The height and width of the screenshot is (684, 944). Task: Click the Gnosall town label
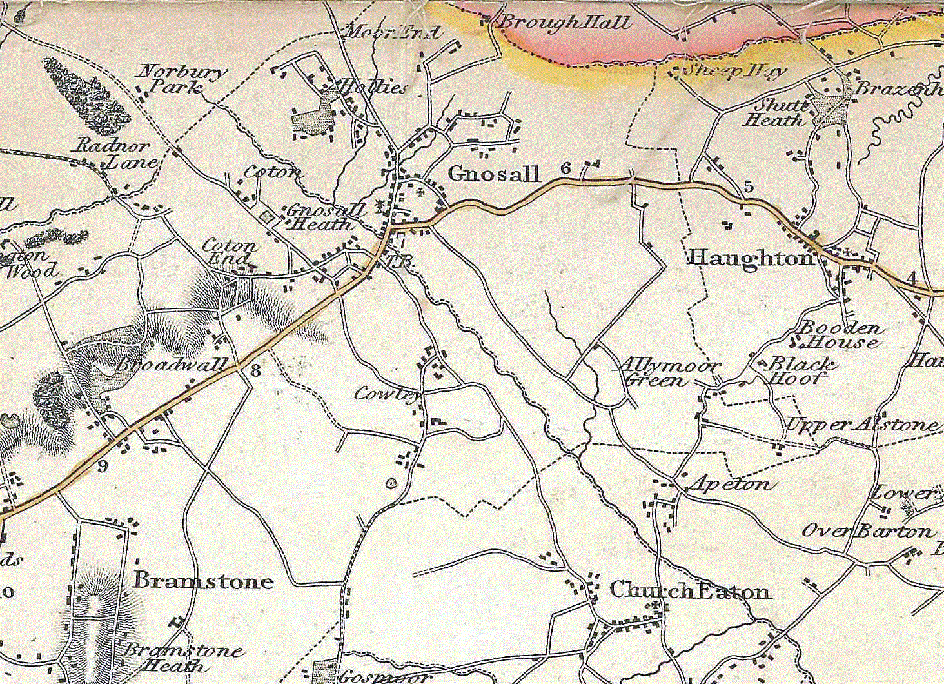coord(493,174)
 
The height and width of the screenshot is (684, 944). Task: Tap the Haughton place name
coord(751,258)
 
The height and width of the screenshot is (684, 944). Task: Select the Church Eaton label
coord(689,590)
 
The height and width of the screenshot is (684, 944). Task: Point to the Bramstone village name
coord(203,581)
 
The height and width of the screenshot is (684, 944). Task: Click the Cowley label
coord(388,394)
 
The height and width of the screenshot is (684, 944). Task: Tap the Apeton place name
coord(729,483)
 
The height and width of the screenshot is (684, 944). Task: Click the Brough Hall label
coord(565,23)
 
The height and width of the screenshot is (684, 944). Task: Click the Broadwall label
coord(173,365)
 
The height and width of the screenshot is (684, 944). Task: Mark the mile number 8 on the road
coord(256,370)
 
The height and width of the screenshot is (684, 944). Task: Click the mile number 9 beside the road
coord(103,466)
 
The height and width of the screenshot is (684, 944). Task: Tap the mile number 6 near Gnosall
coord(565,168)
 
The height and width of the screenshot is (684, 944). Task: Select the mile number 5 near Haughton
coord(748,186)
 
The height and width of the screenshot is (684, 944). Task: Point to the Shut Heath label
coord(774,113)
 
